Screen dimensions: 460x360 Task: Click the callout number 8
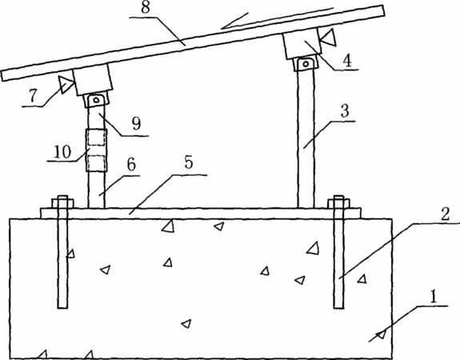(146, 7)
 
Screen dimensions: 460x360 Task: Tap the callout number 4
(346, 61)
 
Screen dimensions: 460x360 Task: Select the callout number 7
(33, 96)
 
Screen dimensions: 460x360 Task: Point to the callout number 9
(136, 123)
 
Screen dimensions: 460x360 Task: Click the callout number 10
(62, 152)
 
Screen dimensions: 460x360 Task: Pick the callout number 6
(131, 164)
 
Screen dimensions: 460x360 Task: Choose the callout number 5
(189, 162)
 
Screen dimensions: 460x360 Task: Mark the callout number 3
(345, 111)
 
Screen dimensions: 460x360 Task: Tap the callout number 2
(446, 214)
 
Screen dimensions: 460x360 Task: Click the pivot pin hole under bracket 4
(306, 64)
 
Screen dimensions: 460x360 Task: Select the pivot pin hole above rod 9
(96, 100)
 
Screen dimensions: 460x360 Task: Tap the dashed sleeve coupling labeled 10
(96, 150)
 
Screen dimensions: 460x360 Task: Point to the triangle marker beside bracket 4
(328, 37)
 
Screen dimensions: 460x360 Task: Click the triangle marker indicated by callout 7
(66, 84)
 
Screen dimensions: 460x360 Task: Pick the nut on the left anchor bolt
(62, 204)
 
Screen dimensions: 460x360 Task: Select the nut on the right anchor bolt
(339, 204)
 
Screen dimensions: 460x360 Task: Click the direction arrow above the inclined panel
(278, 18)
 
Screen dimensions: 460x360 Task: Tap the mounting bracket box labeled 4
(302, 43)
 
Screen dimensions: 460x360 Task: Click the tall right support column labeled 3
(306, 138)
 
